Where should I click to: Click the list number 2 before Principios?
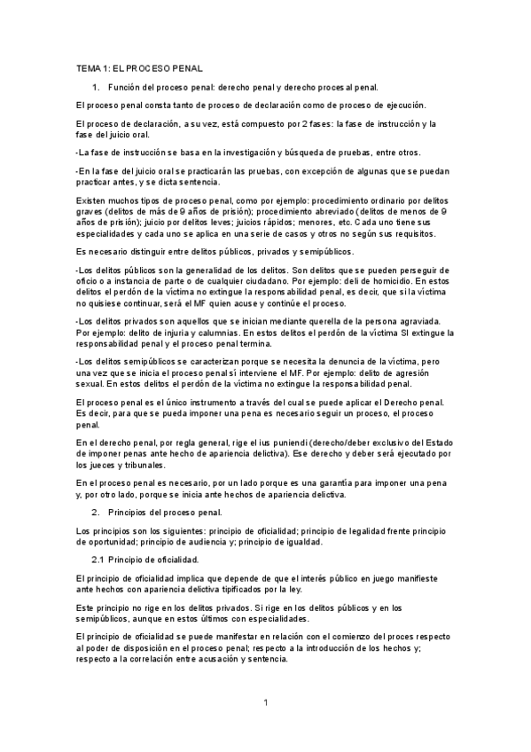pos(95,513)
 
